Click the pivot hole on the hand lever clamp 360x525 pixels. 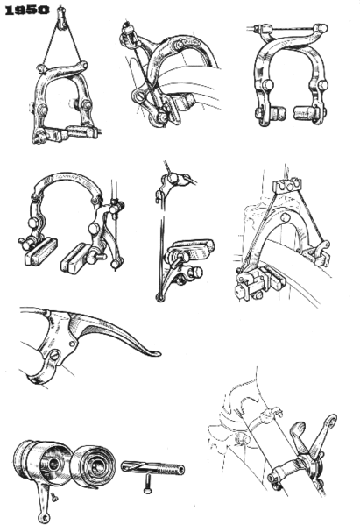coord(55,354)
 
